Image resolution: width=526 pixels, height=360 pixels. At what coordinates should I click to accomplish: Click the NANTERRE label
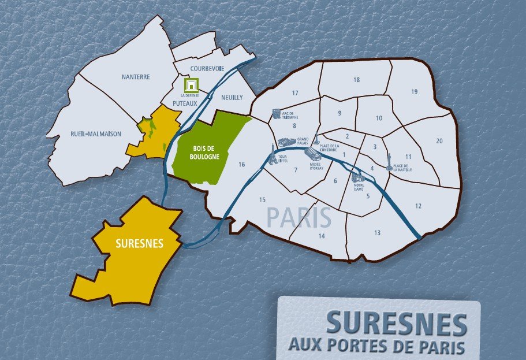tap(136, 77)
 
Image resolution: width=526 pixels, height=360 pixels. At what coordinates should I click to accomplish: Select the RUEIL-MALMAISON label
tap(96, 133)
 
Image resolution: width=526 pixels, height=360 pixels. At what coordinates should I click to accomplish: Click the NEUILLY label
tap(232, 97)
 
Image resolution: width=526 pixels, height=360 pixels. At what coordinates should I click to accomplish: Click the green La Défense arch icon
tap(190, 85)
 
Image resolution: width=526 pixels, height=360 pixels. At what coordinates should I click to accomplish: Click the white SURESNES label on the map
tap(139, 244)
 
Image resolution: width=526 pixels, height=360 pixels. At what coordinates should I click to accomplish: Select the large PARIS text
tap(299, 218)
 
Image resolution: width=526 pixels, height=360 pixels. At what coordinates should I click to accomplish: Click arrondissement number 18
tap(357, 80)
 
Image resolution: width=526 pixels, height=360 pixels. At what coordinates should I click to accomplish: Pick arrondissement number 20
tap(439, 141)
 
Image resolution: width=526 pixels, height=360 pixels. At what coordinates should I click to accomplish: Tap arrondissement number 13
tap(377, 233)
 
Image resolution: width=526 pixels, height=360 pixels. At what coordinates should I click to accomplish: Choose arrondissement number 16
tap(241, 165)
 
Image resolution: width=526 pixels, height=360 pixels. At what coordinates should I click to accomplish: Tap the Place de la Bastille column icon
tap(390, 159)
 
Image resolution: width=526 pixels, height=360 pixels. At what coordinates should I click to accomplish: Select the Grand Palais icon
tap(286, 142)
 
